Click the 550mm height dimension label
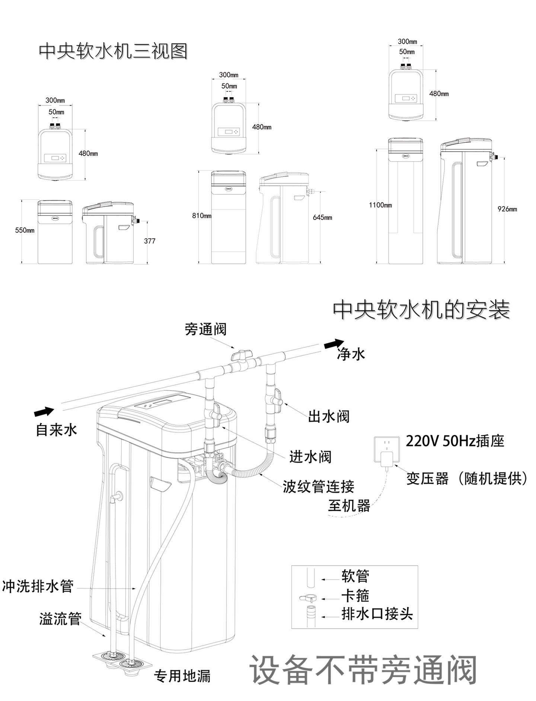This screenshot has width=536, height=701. coord(25,230)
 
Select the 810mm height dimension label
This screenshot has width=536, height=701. coord(202,216)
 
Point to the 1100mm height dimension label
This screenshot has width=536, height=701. coord(380,205)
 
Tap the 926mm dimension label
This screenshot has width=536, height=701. coord(507,209)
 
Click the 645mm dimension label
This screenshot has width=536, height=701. coord(322,217)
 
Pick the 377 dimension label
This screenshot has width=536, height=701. coord(150,241)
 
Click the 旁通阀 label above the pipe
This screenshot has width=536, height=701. coord(205,329)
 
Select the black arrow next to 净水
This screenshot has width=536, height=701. coord(334,344)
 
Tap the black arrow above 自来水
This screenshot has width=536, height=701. coord(44,412)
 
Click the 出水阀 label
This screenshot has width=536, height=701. coord(329,416)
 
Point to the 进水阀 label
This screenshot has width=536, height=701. coord(310,457)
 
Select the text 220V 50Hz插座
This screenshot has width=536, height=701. coord(454,441)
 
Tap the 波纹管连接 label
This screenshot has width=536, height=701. coord(318,486)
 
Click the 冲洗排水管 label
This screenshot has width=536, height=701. coord(38,586)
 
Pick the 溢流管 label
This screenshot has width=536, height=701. coord(60,619)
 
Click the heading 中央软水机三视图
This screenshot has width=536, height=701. coord(113,51)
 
